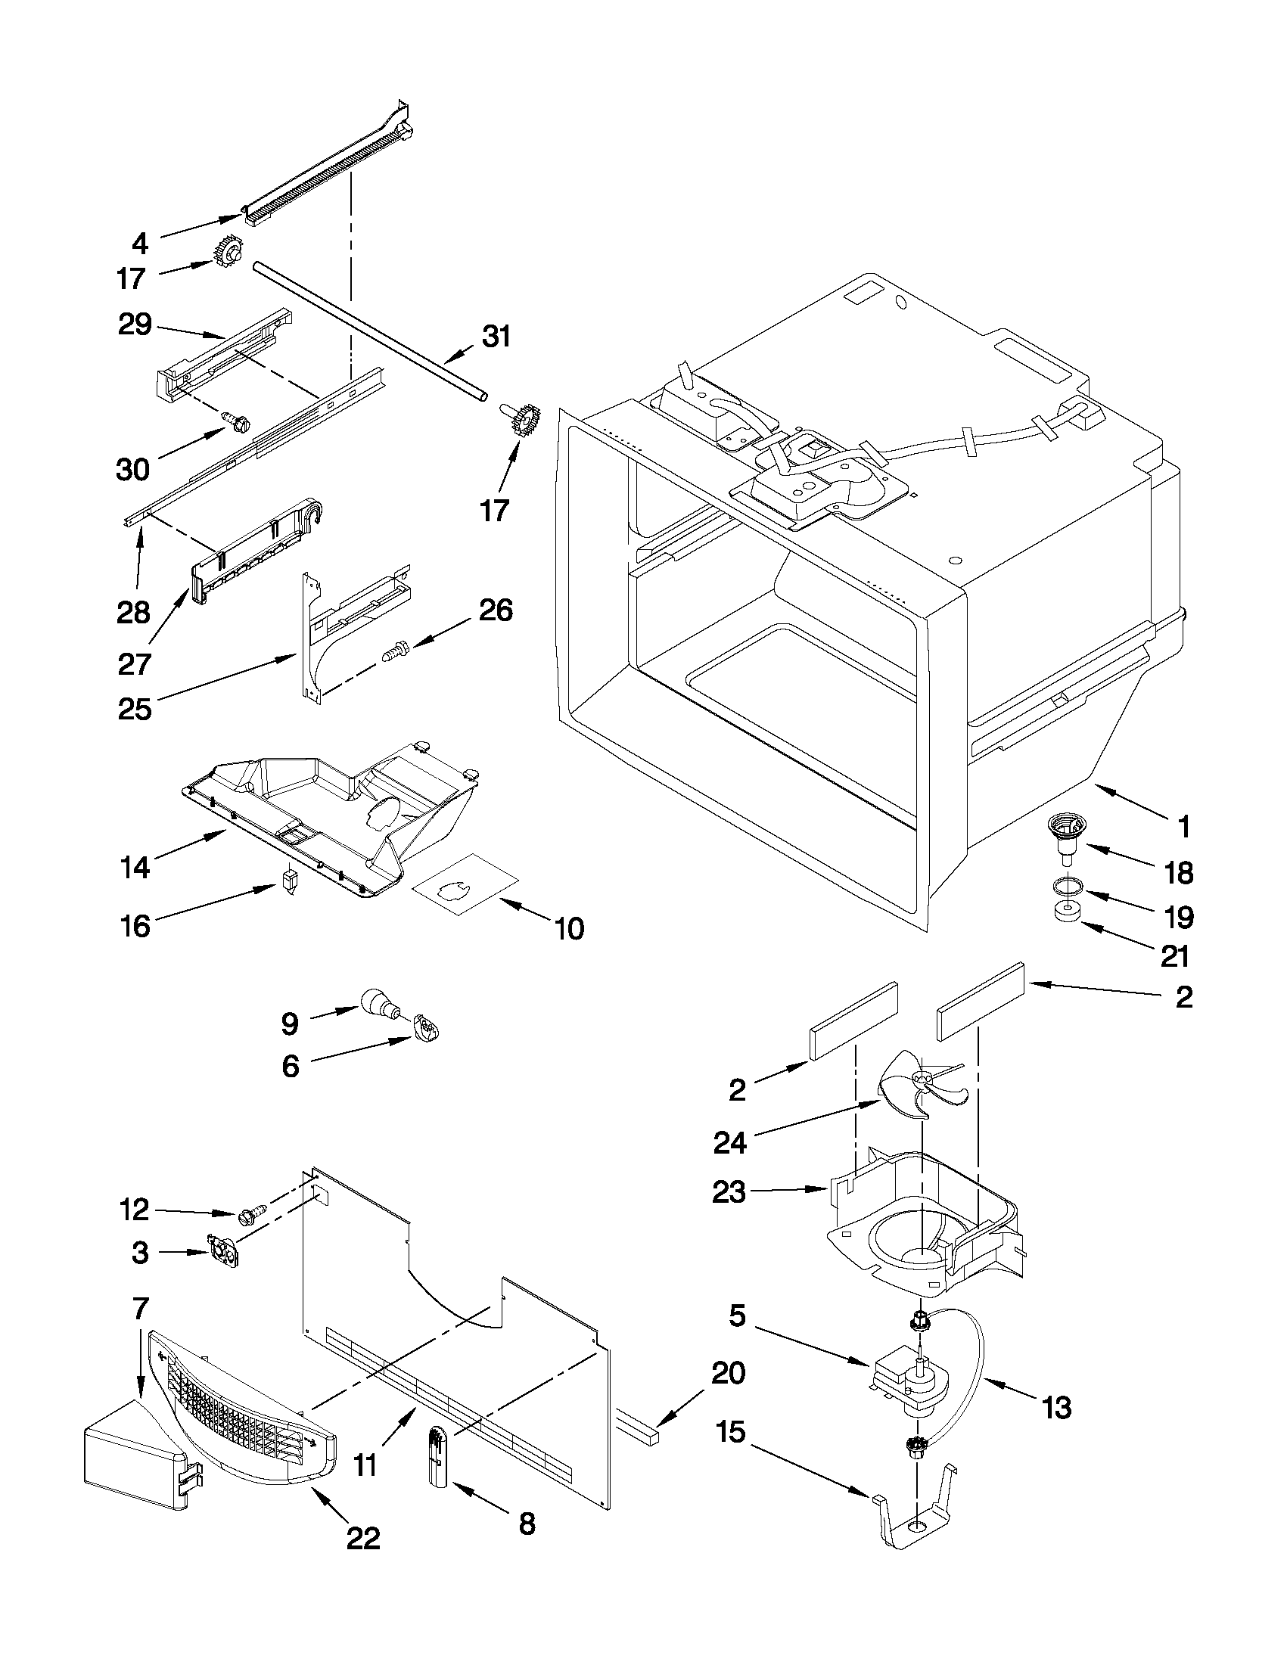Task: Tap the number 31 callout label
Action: coord(496,336)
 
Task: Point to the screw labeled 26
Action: coord(395,651)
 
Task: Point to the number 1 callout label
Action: coord(1183,826)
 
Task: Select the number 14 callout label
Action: coord(134,867)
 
